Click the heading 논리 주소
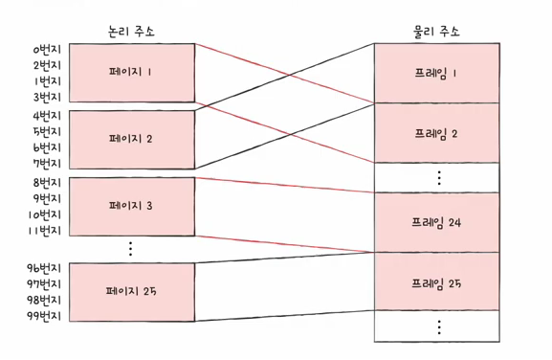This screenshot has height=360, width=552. [x=131, y=32]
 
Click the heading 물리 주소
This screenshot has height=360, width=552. [x=436, y=32]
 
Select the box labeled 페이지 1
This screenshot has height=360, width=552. [x=132, y=73]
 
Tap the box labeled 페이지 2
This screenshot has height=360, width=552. [x=132, y=140]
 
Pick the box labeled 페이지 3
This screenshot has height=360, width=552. [x=132, y=207]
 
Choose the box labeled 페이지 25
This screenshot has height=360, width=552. [x=132, y=292]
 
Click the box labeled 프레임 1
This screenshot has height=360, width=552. [x=437, y=74]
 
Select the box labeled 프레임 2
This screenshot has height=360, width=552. [x=437, y=133]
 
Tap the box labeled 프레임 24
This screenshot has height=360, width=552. [x=437, y=222]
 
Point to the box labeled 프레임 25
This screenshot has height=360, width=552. [x=437, y=281]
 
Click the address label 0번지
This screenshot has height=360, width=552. [x=47, y=50]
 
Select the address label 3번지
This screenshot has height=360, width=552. [x=47, y=97]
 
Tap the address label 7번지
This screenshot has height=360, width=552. [x=47, y=164]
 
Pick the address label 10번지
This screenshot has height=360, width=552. [x=45, y=214]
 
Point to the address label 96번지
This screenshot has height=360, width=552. [x=44, y=268]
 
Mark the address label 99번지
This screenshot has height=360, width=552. [x=44, y=316]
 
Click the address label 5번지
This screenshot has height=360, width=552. [x=47, y=132]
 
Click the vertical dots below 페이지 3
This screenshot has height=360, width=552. [x=131, y=249]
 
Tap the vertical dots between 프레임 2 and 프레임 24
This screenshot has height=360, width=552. [x=439, y=178]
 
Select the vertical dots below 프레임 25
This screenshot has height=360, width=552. [x=439, y=326]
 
